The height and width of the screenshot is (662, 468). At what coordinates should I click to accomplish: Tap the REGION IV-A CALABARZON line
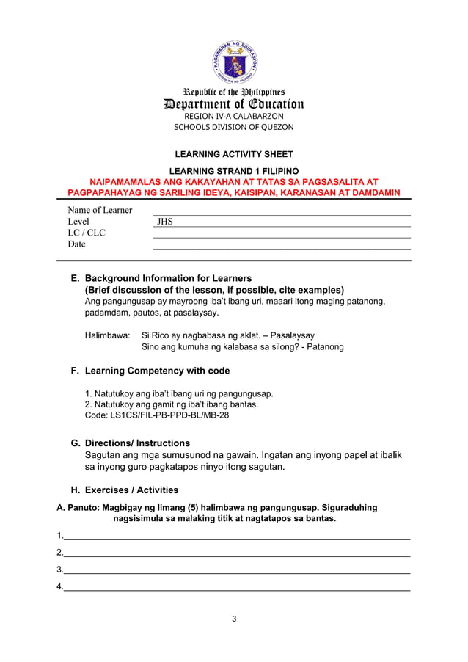tap(233, 116)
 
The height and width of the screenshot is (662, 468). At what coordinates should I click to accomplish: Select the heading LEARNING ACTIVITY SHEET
tap(233, 154)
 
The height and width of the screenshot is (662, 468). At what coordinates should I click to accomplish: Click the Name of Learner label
tap(100, 210)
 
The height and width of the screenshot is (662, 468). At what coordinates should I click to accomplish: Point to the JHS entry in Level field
tap(164, 222)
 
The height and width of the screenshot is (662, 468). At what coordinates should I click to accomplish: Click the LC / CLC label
tap(87, 233)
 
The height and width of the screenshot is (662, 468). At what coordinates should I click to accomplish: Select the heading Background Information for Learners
tap(169, 278)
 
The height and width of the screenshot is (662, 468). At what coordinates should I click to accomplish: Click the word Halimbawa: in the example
tap(108, 334)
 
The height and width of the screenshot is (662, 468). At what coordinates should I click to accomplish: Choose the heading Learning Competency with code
tap(157, 371)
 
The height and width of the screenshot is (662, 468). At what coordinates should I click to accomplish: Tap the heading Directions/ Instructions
tap(137, 443)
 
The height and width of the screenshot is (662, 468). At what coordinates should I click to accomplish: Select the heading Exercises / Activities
tap(131, 490)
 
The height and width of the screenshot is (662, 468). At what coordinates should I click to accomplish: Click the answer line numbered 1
tap(236, 536)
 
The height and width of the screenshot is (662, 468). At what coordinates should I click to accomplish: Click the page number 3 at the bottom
tap(234, 619)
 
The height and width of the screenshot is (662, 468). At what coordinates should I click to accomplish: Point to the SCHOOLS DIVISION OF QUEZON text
tap(233, 127)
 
